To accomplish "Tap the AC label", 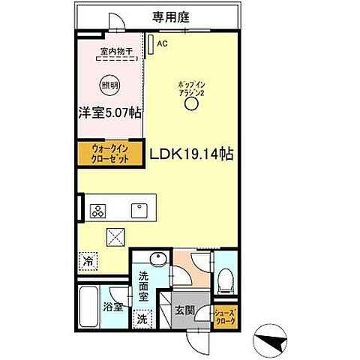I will pyautogui.click(x=160, y=44).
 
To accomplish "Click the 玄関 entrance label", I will pyautogui.click(x=184, y=309).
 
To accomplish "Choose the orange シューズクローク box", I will pyautogui.click(x=225, y=316).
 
